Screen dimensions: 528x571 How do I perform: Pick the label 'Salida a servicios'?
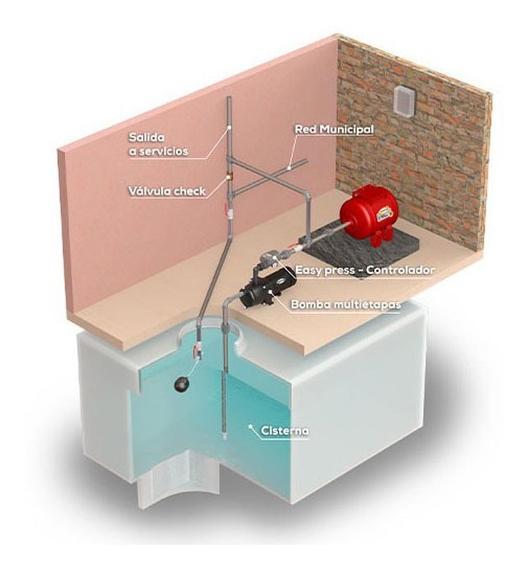(x=158, y=144)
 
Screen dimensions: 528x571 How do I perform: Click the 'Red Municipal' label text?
(x=335, y=129)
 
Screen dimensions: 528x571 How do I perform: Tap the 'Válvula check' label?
(x=167, y=191)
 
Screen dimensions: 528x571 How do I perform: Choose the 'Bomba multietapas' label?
(x=346, y=304)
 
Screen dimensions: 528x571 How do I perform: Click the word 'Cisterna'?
(x=284, y=431)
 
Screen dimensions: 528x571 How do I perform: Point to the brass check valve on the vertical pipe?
(x=229, y=176)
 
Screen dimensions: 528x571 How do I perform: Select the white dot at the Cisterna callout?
(x=251, y=426)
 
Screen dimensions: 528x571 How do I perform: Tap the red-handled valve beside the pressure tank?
(x=292, y=246)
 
